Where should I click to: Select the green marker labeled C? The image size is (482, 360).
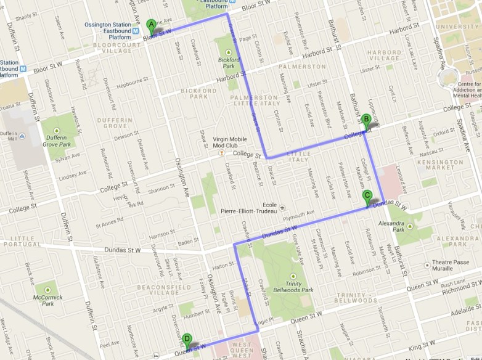pyautogui.click(x=368, y=197)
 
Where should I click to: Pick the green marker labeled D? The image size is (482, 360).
pyautogui.click(x=187, y=339)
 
